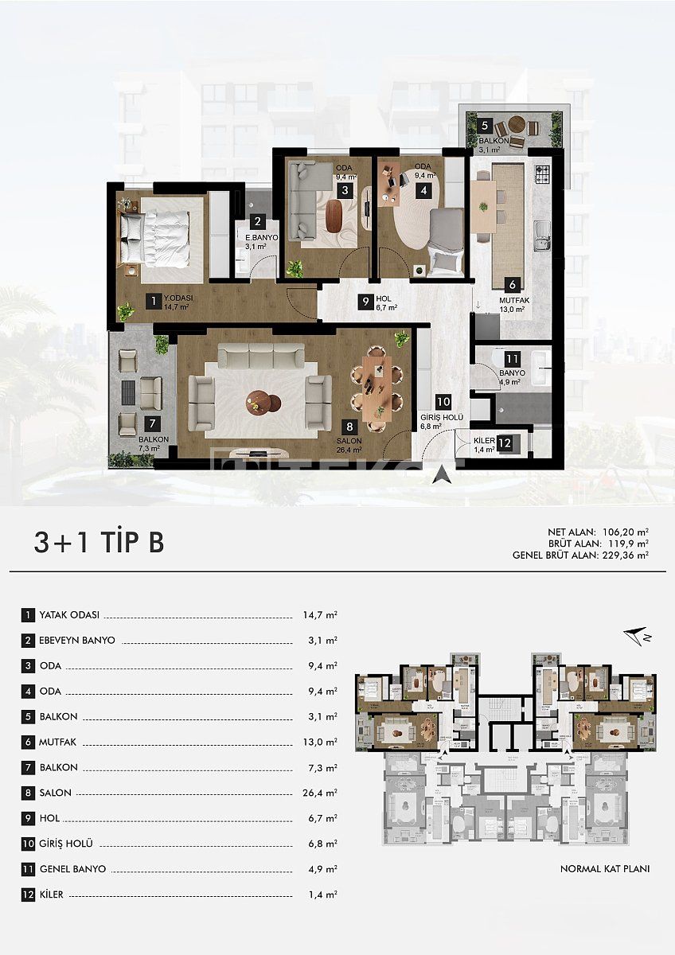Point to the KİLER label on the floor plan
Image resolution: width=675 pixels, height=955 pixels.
click(484, 439)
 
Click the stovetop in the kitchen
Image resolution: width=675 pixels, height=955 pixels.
click(542, 171)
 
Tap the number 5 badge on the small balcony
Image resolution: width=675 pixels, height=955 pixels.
click(484, 125)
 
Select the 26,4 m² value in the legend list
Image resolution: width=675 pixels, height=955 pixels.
click(320, 793)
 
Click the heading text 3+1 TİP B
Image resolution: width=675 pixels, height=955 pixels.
click(99, 542)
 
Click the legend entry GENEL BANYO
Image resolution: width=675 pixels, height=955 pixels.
click(72, 869)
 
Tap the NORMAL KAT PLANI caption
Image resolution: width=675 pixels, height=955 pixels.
click(604, 868)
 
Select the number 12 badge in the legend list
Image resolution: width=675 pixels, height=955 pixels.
click(29, 895)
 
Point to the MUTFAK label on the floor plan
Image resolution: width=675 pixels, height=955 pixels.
click(513, 300)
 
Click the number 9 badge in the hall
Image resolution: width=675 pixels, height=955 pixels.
click(365, 301)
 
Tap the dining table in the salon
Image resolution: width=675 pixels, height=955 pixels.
click(378, 388)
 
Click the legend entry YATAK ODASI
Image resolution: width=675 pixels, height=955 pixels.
click(69, 615)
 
